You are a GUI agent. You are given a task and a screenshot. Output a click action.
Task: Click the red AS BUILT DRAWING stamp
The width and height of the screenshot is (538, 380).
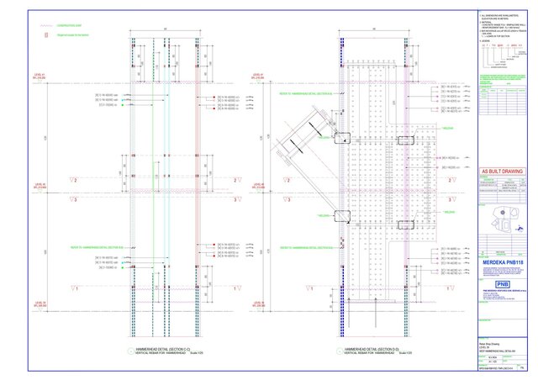click(501, 172)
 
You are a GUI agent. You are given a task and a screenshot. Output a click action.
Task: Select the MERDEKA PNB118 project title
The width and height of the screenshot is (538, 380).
click(501, 263)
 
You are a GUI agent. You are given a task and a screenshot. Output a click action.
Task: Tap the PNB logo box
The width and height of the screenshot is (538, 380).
click(503, 284)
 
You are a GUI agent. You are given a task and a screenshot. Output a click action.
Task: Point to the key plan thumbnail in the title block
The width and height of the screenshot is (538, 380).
click(503, 221)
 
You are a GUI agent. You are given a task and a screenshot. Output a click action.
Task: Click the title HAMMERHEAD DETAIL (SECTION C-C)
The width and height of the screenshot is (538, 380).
click(161, 348)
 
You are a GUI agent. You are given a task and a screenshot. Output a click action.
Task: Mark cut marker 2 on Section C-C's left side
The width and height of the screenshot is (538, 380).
click(76, 179)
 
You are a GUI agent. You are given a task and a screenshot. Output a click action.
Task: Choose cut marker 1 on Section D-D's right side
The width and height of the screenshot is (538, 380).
click(451, 288)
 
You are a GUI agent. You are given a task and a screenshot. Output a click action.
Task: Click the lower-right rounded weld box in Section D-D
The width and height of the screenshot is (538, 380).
click(405, 225)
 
